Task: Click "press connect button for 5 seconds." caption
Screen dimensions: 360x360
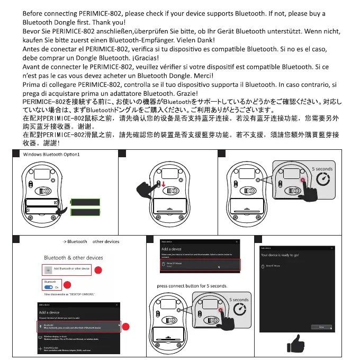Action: (192, 286)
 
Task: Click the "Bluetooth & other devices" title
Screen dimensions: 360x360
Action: (73, 258)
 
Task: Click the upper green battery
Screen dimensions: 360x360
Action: (85, 202)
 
